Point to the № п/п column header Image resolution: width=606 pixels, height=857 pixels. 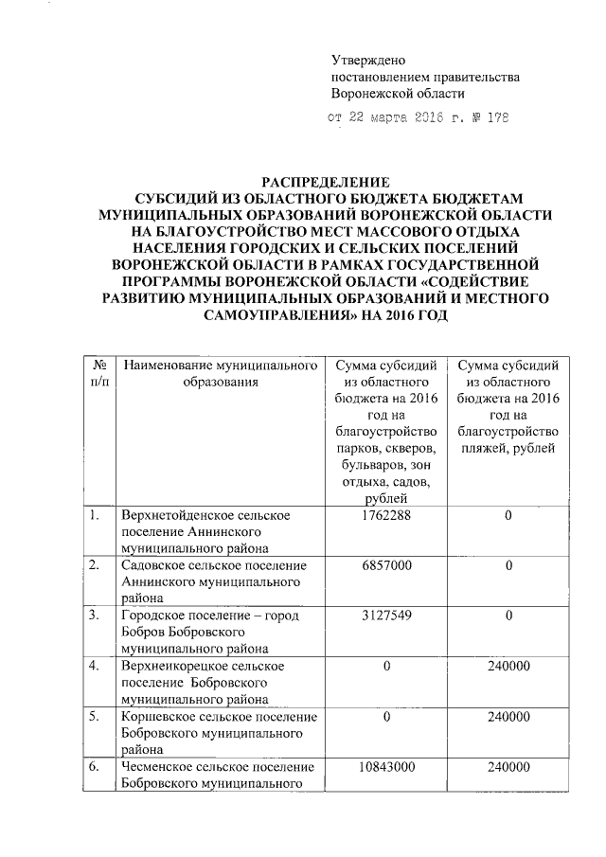point(98,374)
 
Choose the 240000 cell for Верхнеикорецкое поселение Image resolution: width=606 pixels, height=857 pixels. point(508,666)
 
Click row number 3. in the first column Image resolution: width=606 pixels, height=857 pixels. point(94,616)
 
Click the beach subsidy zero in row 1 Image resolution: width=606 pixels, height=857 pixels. point(508,516)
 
